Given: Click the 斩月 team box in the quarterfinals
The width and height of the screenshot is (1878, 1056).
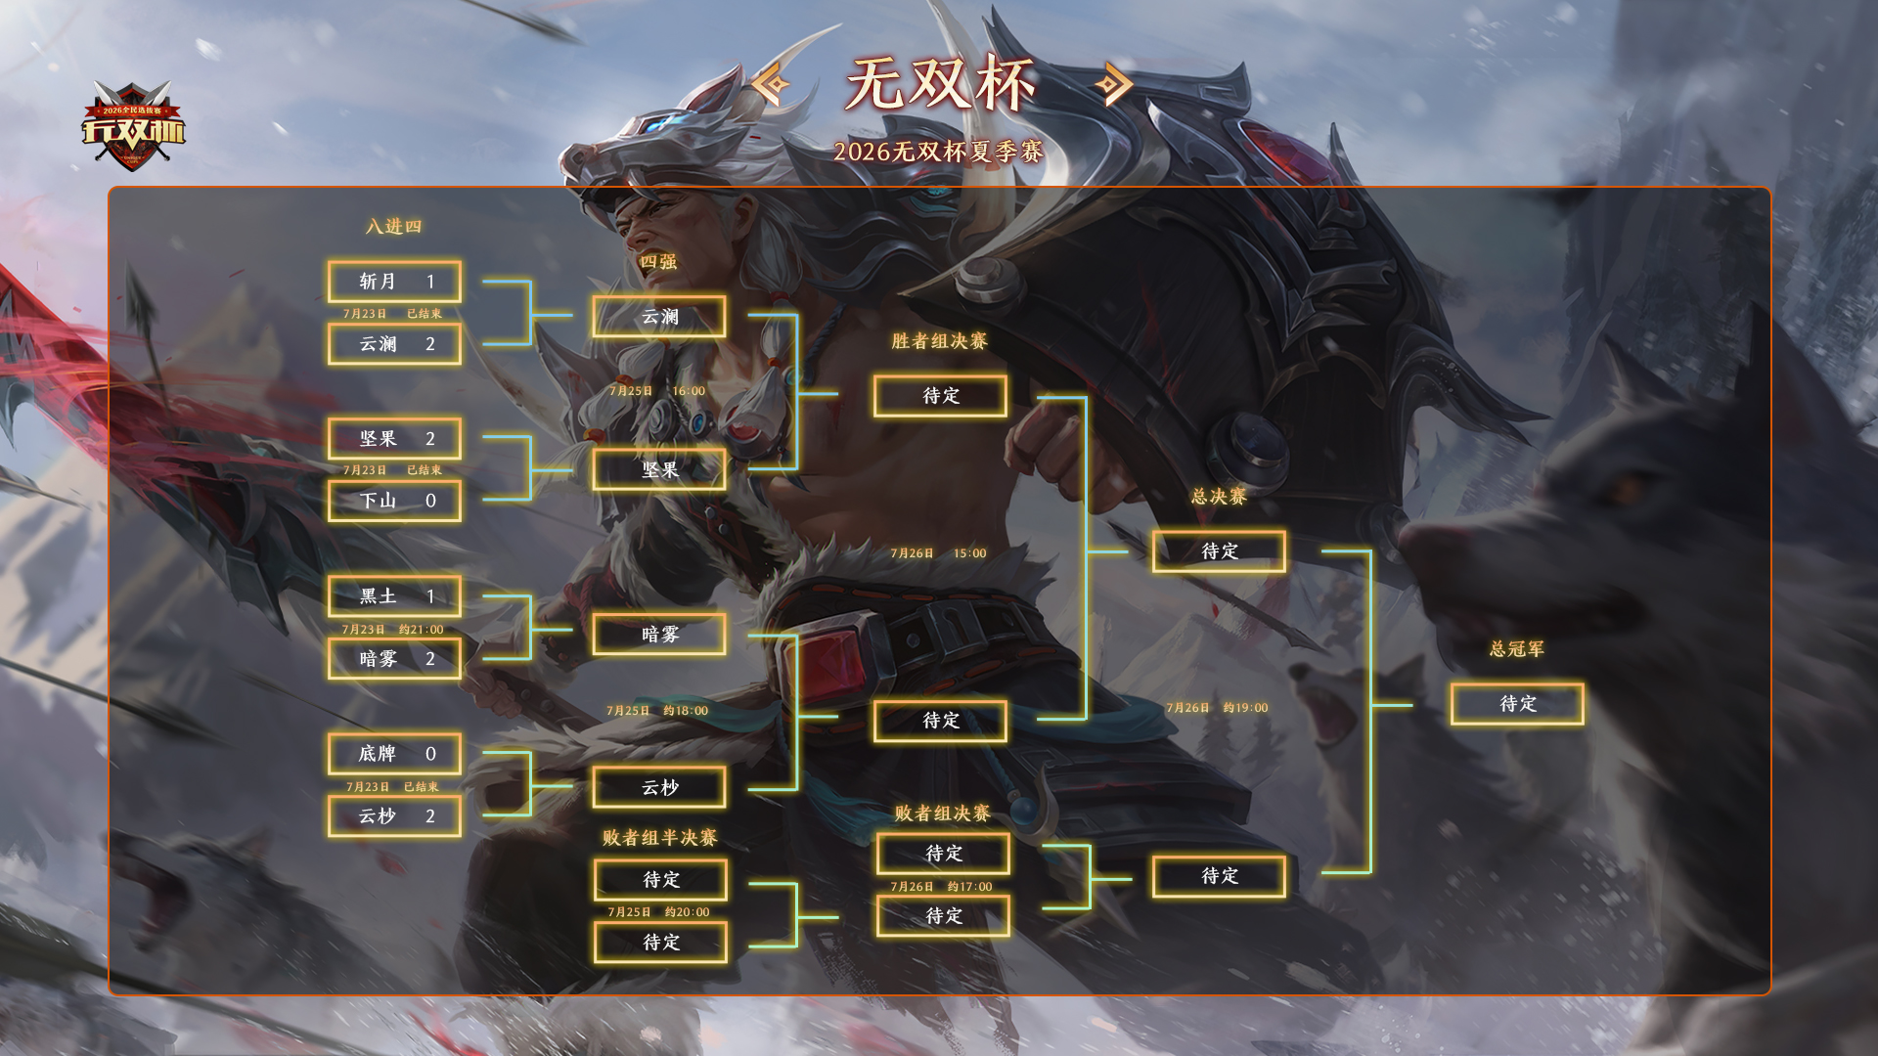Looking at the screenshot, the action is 394,282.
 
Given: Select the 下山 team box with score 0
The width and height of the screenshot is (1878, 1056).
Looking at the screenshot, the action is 394,501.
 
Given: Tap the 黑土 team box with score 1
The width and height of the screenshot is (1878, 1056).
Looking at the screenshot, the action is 394,596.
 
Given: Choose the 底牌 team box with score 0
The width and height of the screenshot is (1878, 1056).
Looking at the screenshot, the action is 394,754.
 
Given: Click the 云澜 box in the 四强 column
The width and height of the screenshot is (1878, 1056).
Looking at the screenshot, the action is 659,317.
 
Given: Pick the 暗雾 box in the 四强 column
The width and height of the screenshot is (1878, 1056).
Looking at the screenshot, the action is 659,635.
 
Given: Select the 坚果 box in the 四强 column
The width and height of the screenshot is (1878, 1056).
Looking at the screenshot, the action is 659,470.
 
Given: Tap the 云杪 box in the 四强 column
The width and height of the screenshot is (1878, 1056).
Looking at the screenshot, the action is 659,787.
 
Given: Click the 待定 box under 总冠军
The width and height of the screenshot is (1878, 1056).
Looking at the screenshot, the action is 1517,704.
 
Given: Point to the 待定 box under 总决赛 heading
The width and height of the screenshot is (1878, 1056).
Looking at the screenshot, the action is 1219,551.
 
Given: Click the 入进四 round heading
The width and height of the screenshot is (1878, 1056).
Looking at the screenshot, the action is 393,227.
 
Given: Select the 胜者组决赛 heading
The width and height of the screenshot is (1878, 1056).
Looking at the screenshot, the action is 939,341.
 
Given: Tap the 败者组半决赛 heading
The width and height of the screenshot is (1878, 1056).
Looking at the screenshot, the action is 659,838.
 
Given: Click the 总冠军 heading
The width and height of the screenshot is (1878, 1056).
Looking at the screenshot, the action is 1517,649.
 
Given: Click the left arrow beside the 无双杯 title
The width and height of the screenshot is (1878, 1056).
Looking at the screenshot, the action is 772,85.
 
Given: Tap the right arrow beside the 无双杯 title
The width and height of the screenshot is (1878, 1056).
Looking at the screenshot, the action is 1113,85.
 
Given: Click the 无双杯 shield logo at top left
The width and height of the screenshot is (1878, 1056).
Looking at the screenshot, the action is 133,125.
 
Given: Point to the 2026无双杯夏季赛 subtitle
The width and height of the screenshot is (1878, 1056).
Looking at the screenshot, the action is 939,152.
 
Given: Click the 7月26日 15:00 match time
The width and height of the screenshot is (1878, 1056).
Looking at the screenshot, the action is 938,553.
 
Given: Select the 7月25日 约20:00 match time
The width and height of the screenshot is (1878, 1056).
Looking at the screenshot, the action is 658,912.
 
